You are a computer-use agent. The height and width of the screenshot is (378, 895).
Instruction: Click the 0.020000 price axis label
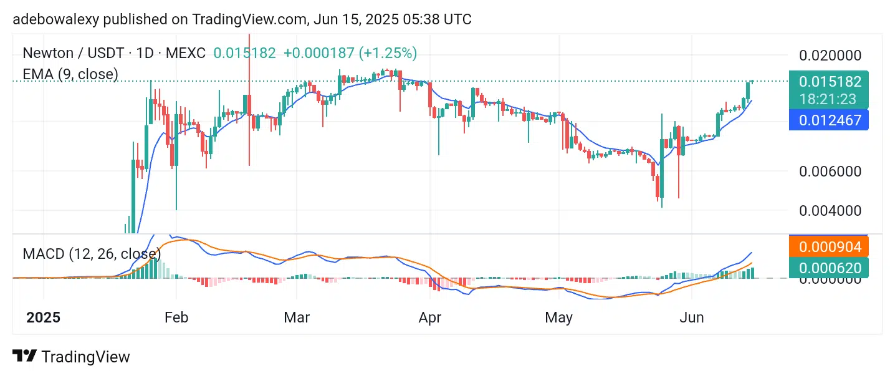click(830, 56)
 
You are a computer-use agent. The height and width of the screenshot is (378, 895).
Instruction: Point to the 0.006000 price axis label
click(830, 171)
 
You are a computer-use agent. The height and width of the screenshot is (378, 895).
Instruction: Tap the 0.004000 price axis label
click(830, 210)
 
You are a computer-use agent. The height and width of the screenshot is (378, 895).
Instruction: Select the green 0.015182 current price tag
click(830, 82)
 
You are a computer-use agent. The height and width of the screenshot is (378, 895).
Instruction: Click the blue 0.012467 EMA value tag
click(830, 120)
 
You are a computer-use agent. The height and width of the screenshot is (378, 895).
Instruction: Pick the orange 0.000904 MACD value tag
click(830, 247)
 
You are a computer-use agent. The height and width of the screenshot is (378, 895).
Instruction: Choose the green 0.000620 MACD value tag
click(830, 268)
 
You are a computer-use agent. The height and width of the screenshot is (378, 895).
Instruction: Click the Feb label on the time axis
click(176, 317)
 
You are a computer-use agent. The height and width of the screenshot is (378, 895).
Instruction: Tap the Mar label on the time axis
click(297, 317)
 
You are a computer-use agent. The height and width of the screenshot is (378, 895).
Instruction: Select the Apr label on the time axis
click(430, 317)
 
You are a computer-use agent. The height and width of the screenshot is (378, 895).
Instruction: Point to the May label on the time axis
click(558, 317)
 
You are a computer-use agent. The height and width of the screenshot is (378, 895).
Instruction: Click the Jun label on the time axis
click(692, 317)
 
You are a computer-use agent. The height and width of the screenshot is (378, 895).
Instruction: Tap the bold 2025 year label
click(43, 317)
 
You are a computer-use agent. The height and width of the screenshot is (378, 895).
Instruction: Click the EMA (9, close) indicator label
click(70, 74)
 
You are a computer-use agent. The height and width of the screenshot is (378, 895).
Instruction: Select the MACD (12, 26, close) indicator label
click(92, 254)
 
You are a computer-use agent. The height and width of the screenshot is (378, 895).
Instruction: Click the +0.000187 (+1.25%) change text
click(350, 53)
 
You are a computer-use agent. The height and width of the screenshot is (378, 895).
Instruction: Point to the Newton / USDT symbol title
click(73, 53)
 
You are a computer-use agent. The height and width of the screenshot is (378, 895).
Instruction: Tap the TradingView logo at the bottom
click(71, 357)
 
